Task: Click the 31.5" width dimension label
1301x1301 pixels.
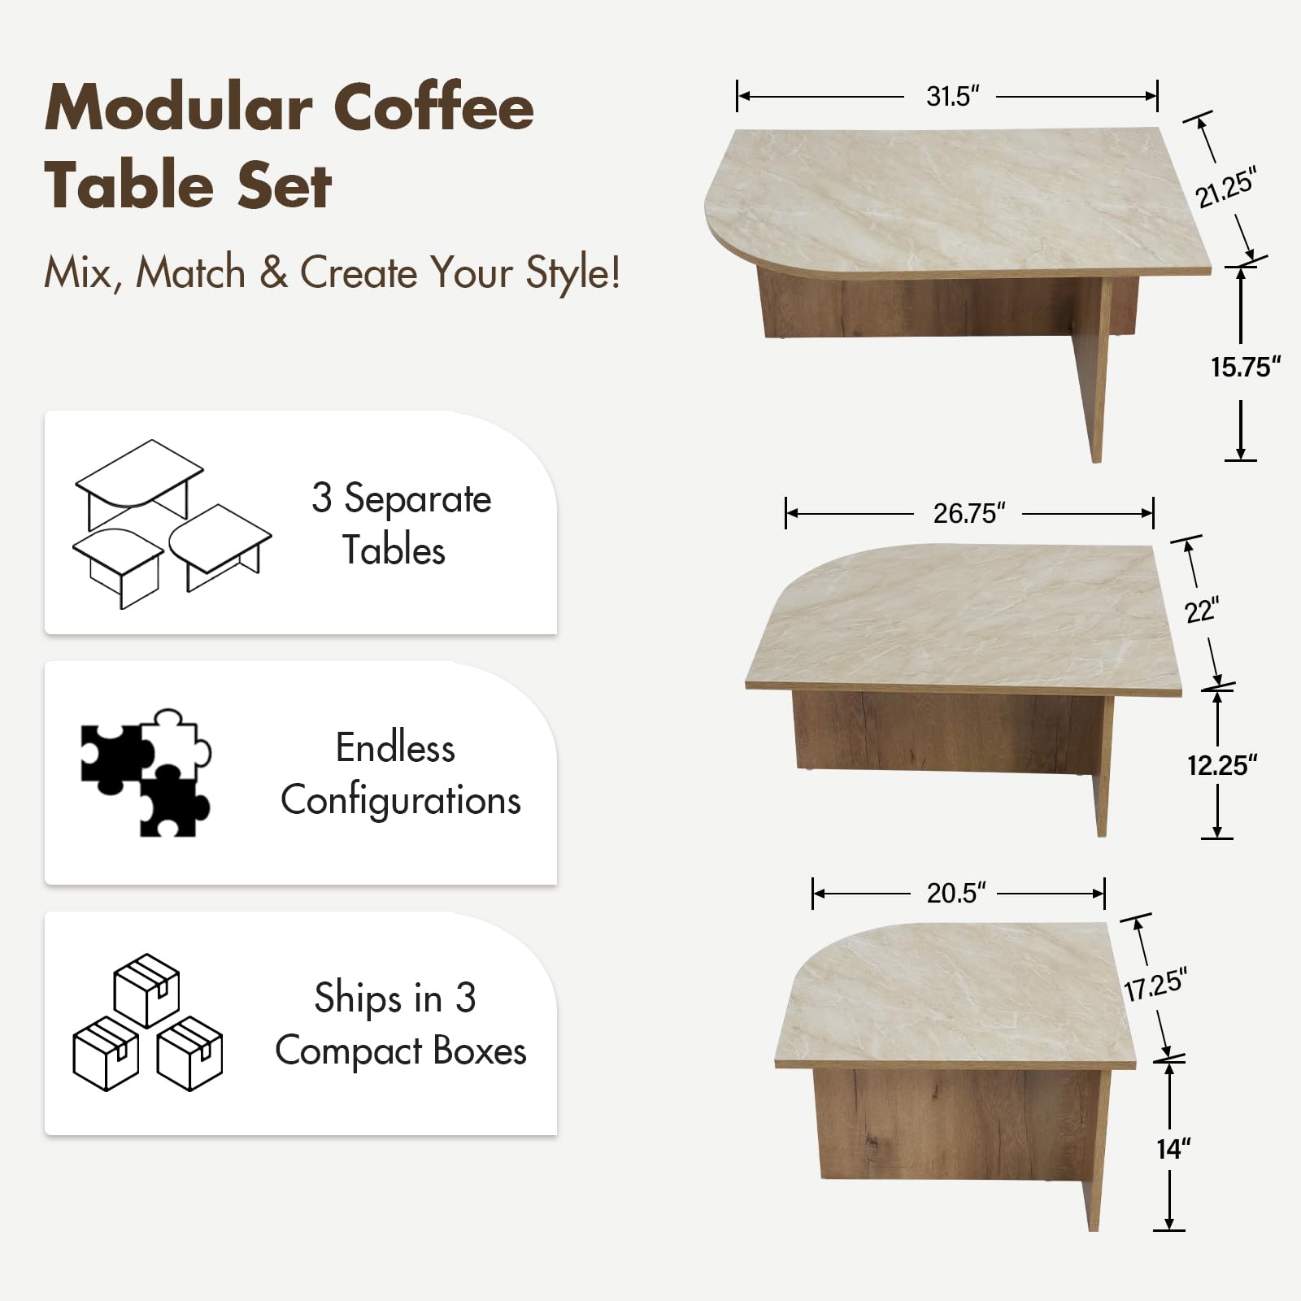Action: coord(951,97)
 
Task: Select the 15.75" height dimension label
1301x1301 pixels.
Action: coord(1245,368)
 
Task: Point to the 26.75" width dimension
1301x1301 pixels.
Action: coord(968,514)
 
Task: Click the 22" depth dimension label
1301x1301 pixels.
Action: coord(1201,611)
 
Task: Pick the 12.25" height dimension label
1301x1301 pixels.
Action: coord(1221,765)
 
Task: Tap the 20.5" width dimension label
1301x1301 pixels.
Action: coord(955,894)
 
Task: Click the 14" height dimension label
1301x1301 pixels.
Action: coord(1173,1149)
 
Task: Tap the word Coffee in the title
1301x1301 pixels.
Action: coord(433,107)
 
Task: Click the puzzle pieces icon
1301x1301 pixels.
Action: coord(146,773)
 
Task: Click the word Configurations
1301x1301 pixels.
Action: coord(400,800)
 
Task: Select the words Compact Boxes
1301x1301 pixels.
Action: coord(400,1051)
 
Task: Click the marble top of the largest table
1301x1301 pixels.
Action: coord(959,195)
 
